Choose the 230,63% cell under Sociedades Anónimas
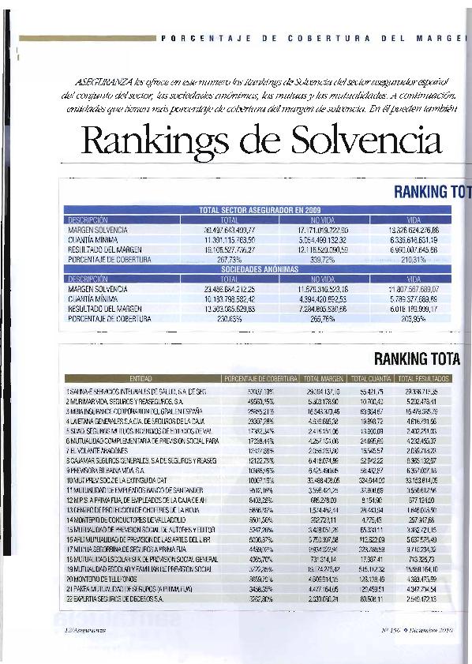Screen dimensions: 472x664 [230, 318]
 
